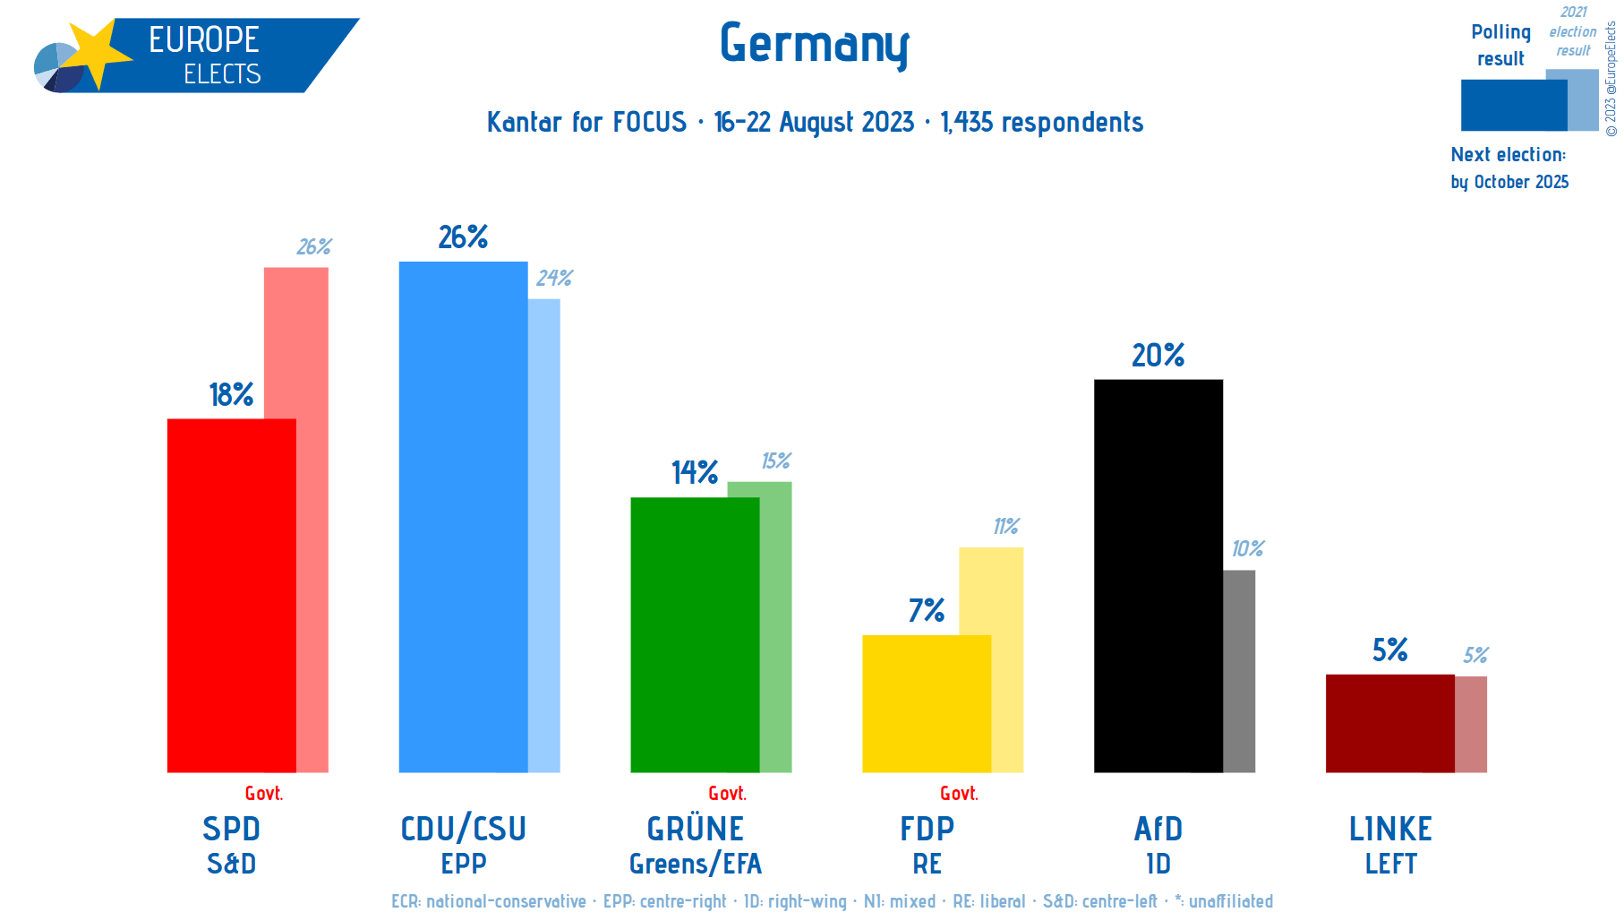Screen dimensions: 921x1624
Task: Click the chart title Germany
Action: (814, 44)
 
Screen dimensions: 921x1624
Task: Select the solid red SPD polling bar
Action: (231, 595)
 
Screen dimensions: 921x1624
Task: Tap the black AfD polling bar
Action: (1158, 575)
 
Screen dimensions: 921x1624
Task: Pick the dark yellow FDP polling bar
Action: (926, 703)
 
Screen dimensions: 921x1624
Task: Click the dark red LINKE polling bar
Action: (1389, 723)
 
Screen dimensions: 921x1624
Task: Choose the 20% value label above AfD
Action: (1158, 356)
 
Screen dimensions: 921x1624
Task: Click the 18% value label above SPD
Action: (231, 394)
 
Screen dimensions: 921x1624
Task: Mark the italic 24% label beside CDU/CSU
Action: (554, 279)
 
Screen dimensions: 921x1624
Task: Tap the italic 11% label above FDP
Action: (1005, 527)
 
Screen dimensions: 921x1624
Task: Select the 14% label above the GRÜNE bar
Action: (695, 472)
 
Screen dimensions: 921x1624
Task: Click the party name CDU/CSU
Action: (463, 829)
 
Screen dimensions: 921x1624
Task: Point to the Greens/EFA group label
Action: (695, 864)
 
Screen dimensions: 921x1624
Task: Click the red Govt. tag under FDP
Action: (959, 793)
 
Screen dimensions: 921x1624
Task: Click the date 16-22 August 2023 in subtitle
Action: (814, 122)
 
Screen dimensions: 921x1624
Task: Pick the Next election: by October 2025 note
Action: (1509, 168)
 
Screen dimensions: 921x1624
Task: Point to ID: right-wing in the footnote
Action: (795, 901)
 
